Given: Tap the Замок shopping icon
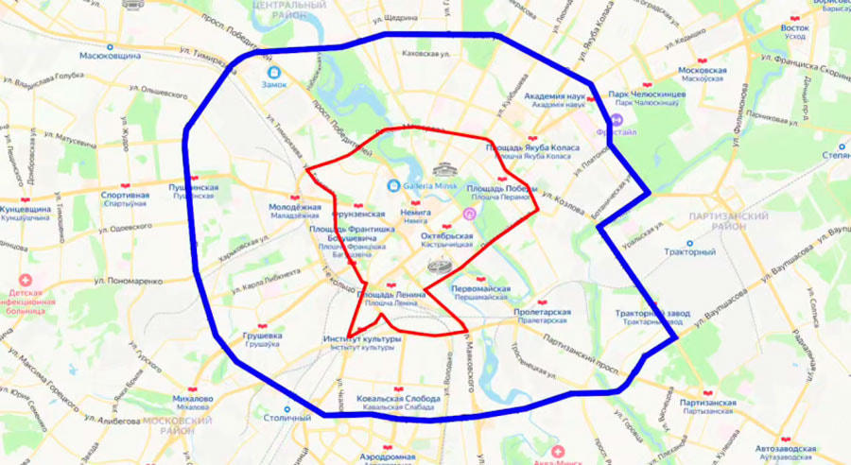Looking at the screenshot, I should tap(274, 72).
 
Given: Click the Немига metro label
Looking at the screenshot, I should tap(415, 215).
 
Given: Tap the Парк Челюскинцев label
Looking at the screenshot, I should tap(645, 95).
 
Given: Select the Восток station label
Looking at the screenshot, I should tap(794, 28).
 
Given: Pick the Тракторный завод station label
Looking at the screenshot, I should tap(653, 313).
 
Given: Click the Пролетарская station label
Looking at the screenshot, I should tap(541, 312).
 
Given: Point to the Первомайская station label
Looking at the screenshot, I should tap(480, 288).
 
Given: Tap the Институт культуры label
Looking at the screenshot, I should tap(362, 338).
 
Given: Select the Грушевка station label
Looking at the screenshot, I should tap(262, 336).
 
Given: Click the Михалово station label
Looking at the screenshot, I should tap(192, 398).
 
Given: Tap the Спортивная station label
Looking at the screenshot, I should tap(125, 196).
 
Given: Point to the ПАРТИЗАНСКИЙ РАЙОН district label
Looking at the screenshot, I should tap(729, 221).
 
